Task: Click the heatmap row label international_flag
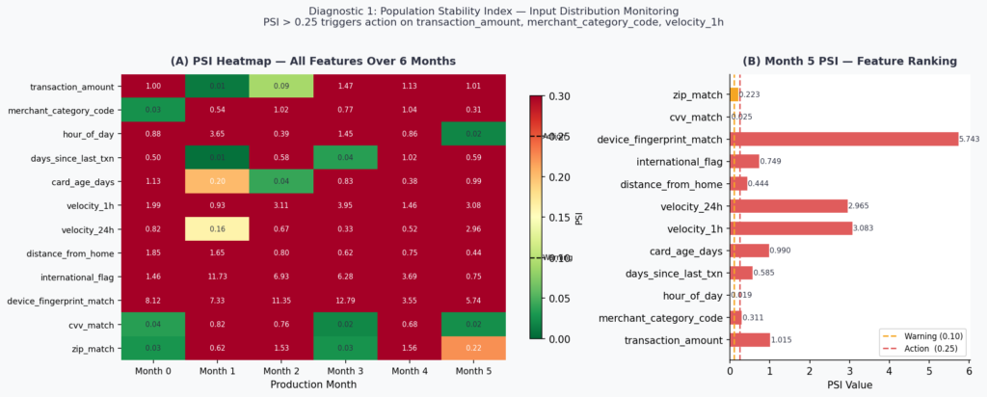pyautogui.click(x=69, y=277)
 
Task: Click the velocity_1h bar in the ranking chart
pyautogui.click(x=791, y=228)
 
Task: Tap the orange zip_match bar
pyautogui.click(x=734, y=94)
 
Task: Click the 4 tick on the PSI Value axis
pyautogui.click(x=890, y=368)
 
